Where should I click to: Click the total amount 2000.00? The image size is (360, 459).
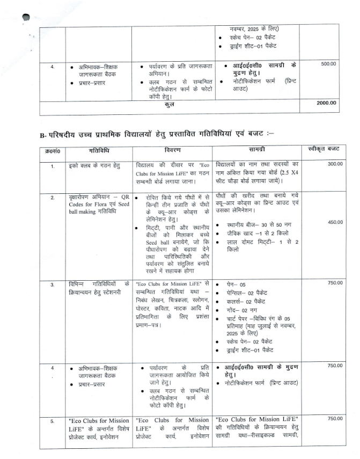pos(326,103)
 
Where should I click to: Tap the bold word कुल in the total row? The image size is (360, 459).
pos(170,103)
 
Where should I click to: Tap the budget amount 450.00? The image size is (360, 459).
pos(335,222)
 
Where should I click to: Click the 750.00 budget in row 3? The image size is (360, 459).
pos(335,283)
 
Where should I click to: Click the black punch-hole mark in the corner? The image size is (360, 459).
pos(26,19)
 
